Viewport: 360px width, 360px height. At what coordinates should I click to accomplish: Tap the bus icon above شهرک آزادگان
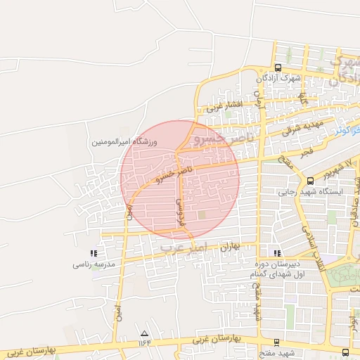point(278,68)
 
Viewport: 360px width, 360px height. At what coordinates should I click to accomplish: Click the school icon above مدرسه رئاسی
point(94,253)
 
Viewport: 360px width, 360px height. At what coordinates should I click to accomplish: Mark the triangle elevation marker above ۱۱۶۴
point(145,333)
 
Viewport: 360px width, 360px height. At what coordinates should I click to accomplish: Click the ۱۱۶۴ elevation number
point(145,342)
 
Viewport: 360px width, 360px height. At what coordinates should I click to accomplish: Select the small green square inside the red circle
point(202,214)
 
